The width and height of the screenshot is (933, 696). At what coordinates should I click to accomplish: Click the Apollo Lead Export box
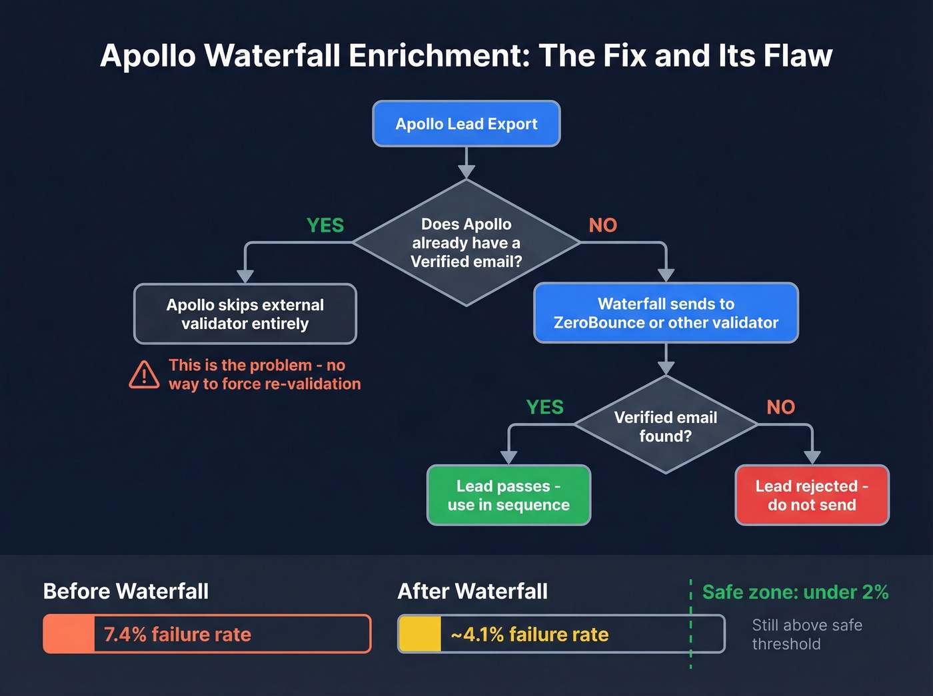pos(467,124)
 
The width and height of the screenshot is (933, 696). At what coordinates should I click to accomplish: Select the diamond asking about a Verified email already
pos(467,243)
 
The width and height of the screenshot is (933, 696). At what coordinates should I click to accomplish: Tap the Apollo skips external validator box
pos(245,314)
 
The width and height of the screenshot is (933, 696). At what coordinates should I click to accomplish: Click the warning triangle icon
pos(144,375)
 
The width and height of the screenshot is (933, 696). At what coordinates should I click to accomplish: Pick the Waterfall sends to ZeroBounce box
pos(666,313)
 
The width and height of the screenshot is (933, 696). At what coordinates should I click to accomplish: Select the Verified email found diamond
pos(665,426)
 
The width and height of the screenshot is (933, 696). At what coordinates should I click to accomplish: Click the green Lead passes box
pos(508,496)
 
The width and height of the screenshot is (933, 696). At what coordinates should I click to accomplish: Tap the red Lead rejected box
pos(812,496)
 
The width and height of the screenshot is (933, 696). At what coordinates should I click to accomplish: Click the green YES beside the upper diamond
pos(325,226)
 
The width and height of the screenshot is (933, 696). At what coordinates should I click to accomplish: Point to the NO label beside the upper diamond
pos(602,226)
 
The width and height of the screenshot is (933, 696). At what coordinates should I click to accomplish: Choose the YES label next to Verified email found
pos(544,407)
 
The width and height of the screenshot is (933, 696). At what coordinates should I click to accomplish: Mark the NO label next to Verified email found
pos(780,407)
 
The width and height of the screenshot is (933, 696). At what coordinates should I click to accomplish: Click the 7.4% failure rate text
pos(177,634)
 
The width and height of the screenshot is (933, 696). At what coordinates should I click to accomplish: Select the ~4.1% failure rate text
pos(530,634)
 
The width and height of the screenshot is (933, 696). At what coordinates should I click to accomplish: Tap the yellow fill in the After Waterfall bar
pos(420,634)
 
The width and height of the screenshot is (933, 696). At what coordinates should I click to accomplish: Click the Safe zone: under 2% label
pos(795,592)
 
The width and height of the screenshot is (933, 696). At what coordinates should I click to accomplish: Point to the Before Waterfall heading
pos(126,591)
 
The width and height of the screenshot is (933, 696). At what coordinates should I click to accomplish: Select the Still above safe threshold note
pos(806,634)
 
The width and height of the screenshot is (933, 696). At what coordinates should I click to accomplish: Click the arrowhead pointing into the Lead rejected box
pos(812,458)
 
